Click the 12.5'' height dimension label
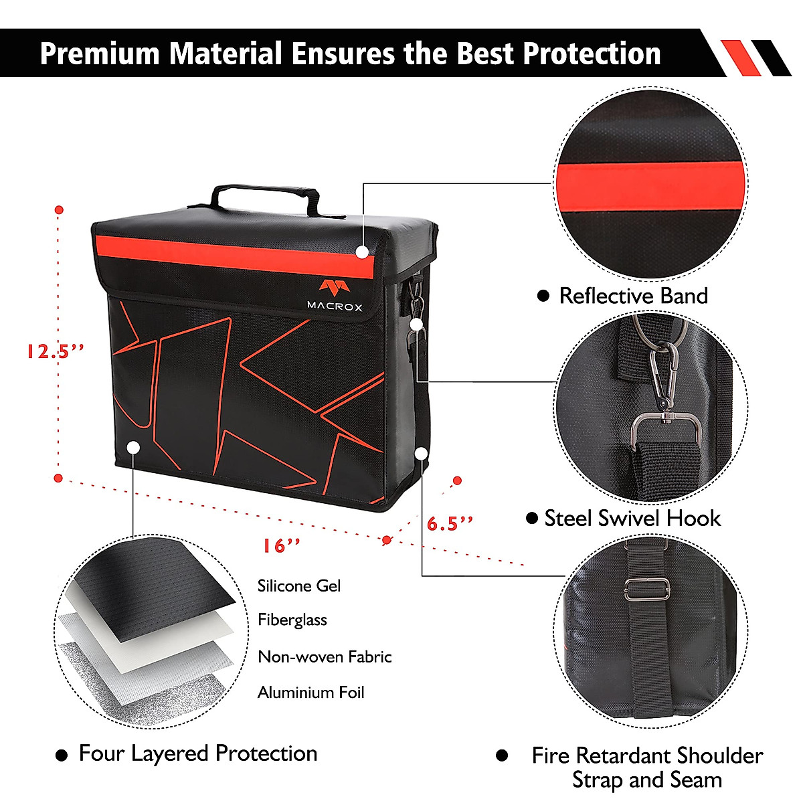[x=55, y=351]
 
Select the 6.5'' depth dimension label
[x=450, y=523]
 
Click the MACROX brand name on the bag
[x=335, y=306]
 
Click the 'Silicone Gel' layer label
[x=299, y=586]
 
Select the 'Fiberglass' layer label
[x=292, y=620]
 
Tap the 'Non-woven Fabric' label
[x=325, y=656]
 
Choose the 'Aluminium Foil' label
[x=311, y=693]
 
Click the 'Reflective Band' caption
[x=633, y=296]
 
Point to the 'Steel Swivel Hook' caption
[x=632, y=519]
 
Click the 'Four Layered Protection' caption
[x=198, y=753]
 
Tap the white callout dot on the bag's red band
[x=362, y=252]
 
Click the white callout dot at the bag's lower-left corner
[x=133, y=446]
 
